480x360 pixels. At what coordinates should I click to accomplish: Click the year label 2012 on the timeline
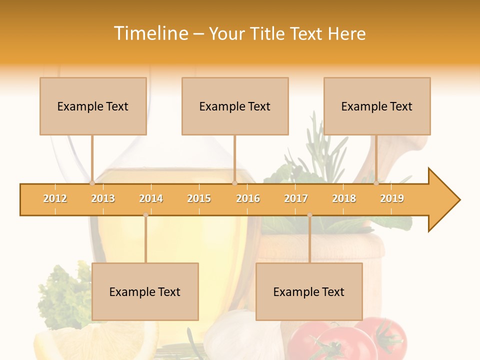pos(55,198)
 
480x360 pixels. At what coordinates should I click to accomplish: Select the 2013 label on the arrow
pos(103,198)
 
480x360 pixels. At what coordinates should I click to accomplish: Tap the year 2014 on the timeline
pos(151,198)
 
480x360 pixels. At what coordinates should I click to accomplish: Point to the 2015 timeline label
pos(199,198)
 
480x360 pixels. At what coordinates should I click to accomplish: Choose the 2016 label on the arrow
pos(248,198)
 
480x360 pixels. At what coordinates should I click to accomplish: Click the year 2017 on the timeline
pos(296,198)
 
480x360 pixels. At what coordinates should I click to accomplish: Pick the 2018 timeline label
pos(344,198)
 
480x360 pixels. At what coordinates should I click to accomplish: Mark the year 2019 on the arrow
pos(392,198)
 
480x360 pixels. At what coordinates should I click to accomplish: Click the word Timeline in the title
pos(150,33)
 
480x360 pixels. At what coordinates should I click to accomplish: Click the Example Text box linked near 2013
pos(93,106)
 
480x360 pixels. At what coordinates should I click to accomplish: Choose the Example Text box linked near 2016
pos(235,106)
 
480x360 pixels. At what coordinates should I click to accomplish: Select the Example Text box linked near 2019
pos(377,106)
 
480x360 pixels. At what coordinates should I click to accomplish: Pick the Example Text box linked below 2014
pos(145,291)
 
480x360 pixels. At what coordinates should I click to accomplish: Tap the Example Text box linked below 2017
pos(309,291)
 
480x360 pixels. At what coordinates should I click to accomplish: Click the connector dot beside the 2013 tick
pos(92,183)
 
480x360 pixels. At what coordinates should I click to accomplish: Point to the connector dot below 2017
pos(309,215)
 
